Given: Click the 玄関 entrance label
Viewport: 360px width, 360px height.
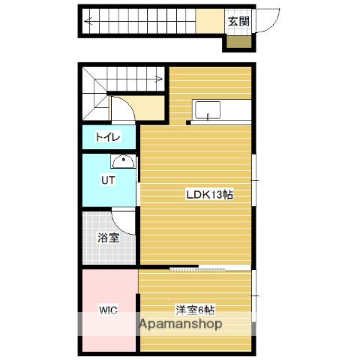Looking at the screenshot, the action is click(x=239, y=22).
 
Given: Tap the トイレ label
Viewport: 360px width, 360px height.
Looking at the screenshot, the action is click(x=108, y=137).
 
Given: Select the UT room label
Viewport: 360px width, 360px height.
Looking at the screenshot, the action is click(x=108, y=180).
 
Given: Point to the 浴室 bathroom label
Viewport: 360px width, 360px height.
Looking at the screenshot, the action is click(x=108, y=238).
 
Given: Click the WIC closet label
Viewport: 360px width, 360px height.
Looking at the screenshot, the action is click(x=108, y=310).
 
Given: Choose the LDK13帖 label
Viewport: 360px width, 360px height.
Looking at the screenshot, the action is click(x=210, y=194).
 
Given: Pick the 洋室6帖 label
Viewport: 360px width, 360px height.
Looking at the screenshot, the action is click(x=195, y=310).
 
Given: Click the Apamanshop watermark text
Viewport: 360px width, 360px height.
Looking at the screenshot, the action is click(x=181, y=324).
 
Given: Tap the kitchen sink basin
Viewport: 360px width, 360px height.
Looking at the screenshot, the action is click(x=208, y=110).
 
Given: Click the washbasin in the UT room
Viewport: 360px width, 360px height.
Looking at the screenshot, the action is click(x=123, y=161).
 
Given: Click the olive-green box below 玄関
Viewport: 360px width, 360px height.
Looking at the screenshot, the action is click(x=238, y=42).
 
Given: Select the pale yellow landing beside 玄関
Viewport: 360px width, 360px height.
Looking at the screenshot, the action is click(x=210, y=21).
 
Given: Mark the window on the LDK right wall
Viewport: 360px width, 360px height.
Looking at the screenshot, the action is click(x=254, y=180).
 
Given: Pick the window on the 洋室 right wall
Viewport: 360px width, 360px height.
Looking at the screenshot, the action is click(x=254, y=296).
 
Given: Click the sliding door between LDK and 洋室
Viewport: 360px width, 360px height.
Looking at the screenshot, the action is click(x=210, y=268).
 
